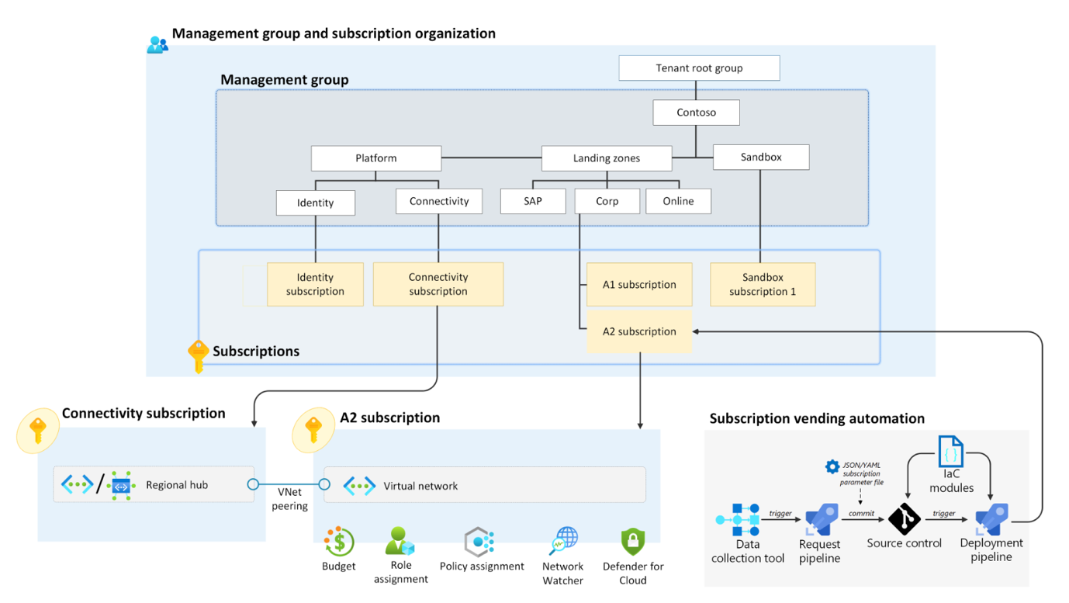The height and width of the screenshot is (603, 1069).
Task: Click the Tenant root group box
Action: pos(699,68)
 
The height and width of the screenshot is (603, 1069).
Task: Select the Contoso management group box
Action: pos(696,113)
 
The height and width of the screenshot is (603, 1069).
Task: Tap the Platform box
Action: pos(376,158)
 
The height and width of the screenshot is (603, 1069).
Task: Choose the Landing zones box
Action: pos(607,158)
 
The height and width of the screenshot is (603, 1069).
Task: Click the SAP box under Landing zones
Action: pos(533,201)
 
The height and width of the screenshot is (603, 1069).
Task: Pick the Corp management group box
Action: pos(607,201)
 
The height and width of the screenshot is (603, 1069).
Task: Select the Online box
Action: pos(678,201)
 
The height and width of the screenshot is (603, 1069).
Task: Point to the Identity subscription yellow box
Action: pos(315,285)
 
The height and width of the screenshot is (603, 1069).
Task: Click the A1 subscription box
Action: pos(639,285)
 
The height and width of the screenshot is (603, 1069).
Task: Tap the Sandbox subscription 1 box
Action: pos(763,285)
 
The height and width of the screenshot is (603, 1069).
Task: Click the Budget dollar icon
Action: pos(339,542)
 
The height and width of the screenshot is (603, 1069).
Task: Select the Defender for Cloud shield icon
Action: pos(633,542)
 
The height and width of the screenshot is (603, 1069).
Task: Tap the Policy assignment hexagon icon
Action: pos(479,542)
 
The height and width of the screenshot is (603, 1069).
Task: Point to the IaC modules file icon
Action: pos(951,452)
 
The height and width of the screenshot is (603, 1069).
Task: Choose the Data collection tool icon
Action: pos(738,520)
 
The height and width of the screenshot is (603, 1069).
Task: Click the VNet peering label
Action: pos(289,499)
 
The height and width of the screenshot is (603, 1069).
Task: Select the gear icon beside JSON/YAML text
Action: pos(832,466)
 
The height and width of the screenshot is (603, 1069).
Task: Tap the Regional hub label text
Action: pos(177,485)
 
